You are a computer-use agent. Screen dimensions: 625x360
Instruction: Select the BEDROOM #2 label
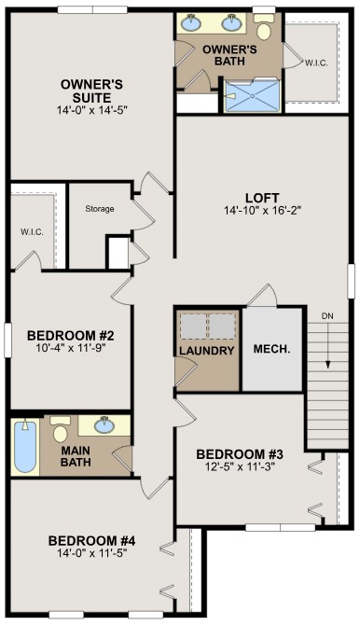[69, 337]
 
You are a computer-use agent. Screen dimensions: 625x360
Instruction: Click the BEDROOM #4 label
[91, 541]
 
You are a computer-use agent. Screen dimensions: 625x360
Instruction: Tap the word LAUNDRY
[207, 351]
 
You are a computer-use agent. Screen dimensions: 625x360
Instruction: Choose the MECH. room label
[272, 351]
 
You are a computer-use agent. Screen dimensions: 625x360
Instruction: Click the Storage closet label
[99, 209]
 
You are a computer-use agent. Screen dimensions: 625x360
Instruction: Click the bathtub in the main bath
[25, 449]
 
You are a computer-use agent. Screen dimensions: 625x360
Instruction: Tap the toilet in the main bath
[62, 431]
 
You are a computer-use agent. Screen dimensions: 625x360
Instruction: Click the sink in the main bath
[104, 426]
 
